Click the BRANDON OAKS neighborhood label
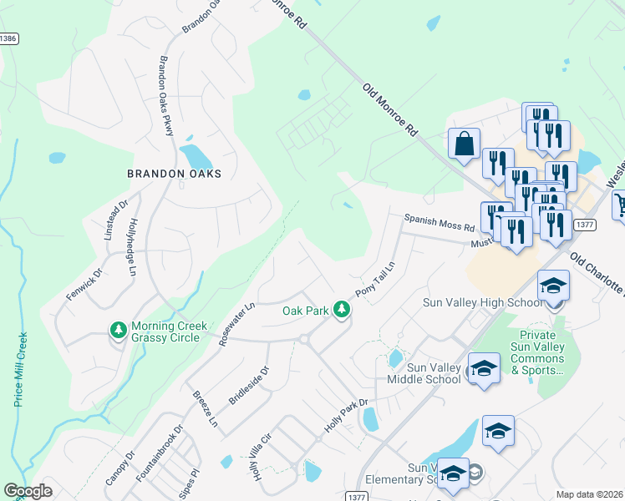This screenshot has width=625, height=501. point(174,174)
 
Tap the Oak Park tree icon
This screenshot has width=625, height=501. point(341,310)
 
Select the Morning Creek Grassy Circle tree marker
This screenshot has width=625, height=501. point(119,331)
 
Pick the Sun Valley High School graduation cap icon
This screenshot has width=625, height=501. point(552,286)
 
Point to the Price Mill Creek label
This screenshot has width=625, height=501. point(22,368)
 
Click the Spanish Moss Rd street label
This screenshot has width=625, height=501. point(439,222)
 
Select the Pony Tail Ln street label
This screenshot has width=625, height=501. point(374,277)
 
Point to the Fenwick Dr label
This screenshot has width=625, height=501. point(84,285)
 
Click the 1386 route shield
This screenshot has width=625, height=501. point(8,38)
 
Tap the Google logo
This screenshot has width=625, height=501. point(28,491)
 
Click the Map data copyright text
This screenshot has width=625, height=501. point(589,494)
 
